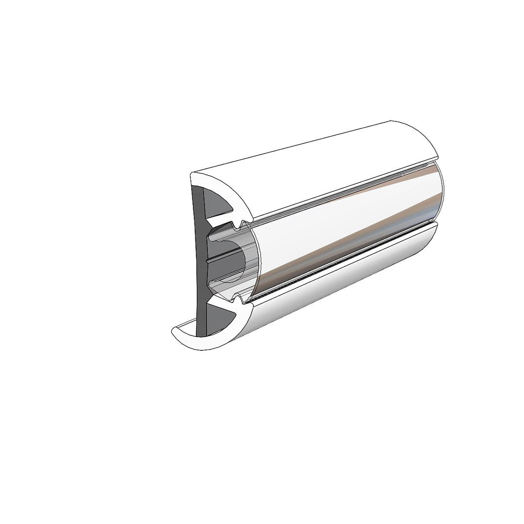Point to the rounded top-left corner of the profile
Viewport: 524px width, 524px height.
pos(193,175)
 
